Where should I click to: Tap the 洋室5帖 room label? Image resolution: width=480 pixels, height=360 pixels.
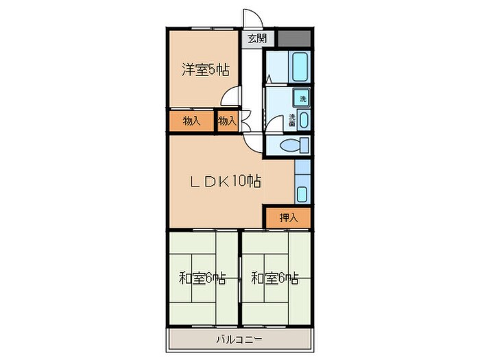(205, 69)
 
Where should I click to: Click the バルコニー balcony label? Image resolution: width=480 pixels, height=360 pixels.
(239, 339)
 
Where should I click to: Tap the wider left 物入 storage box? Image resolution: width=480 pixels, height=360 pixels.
(191, 121)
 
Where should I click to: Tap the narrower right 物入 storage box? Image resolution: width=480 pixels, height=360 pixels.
(226, 121)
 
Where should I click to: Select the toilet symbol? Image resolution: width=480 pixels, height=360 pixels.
(294, 145)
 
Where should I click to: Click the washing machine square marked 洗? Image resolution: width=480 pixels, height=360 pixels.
(302, 99)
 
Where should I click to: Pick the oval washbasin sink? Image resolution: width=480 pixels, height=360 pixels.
(304, 120)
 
